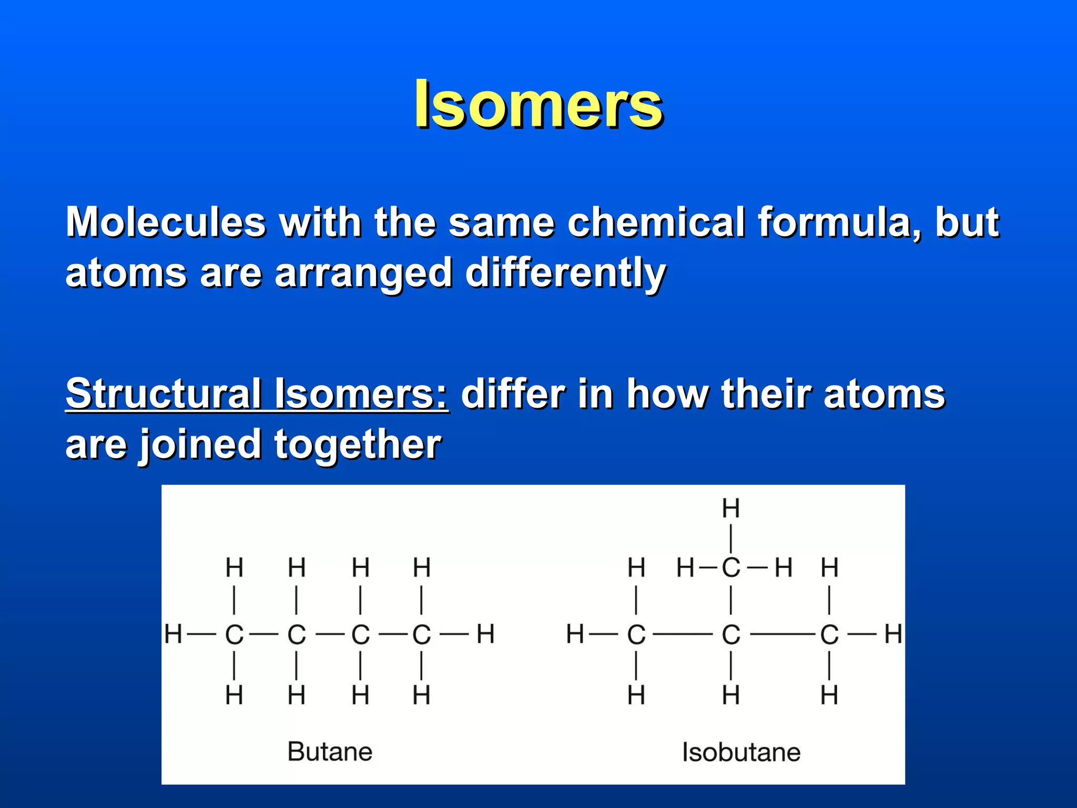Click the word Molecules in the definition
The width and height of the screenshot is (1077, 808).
166,222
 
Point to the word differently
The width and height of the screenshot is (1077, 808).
565,274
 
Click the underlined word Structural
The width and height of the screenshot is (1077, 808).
164,393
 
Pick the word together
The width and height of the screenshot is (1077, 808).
358,445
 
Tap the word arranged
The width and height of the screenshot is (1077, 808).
363,274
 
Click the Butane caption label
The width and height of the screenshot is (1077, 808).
330,751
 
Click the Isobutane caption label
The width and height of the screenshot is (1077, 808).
741,752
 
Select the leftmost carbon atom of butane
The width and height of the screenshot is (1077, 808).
234,634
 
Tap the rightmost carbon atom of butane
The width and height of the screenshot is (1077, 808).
421,634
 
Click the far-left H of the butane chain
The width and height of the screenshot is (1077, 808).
173,634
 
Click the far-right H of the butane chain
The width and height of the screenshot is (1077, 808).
485,634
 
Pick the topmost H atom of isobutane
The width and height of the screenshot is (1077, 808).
730,508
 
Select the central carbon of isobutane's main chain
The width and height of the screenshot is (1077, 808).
730,634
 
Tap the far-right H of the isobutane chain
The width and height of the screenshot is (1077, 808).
893,634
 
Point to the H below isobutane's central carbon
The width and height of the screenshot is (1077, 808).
730,695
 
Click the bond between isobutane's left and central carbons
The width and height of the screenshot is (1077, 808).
683,634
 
